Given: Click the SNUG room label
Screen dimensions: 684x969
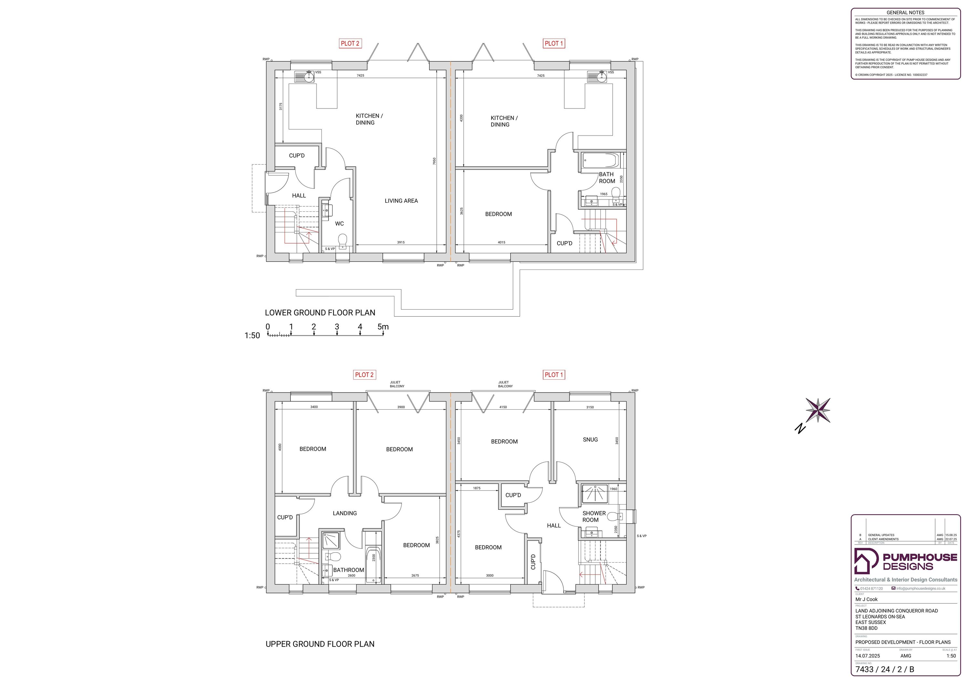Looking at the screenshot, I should coord(590,439).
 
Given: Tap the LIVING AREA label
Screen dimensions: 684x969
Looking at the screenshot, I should coord(401,201).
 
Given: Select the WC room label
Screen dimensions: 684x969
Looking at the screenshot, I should coord(339,223).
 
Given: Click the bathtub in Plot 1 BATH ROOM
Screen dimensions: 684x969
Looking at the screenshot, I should coord(600,161).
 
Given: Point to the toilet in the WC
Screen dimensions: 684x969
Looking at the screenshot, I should coord(343,241).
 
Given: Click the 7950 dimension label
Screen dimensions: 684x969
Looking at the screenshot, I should coord(434,161).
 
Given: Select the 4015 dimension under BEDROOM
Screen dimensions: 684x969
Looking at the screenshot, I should coord(501,242).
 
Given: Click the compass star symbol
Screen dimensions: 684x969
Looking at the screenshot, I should coord(818,410).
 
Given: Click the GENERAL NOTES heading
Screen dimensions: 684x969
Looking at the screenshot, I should coord(905,13).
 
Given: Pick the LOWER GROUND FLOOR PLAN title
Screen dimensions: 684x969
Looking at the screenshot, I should coord(320,313).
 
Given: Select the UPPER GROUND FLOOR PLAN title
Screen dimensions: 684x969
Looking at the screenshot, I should coord(320,644).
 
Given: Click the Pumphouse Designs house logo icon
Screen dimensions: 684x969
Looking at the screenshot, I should coord(866,561).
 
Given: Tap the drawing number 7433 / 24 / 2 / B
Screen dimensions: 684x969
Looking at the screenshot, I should coord(885,669).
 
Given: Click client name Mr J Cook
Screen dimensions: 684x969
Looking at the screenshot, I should coord(866,599).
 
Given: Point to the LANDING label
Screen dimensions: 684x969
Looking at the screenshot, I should coord(345,513).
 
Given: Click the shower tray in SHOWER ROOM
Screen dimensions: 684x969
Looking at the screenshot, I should coord(595,494).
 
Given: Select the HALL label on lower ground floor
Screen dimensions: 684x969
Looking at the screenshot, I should coord(299,196).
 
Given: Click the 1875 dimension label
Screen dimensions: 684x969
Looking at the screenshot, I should coord(476,488).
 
